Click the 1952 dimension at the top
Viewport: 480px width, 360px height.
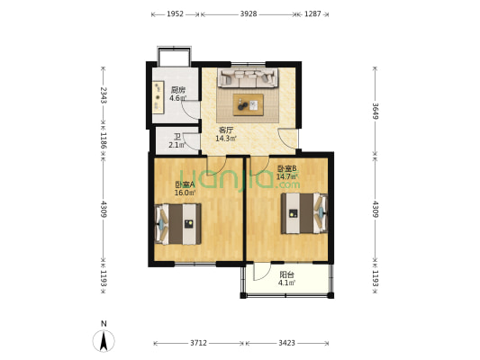[175, 14]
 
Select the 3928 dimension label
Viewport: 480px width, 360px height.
[249, 14]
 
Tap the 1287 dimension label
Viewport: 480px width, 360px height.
[312, 14]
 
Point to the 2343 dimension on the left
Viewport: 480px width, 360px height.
[104, 95]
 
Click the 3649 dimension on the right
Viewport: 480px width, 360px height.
[375, 111]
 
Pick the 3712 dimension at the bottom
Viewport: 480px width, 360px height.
[198, 343]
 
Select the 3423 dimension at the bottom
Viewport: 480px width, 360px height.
[286, 343]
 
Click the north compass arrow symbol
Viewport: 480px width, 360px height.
[104, 340]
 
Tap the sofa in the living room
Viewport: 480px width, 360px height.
[248, 77]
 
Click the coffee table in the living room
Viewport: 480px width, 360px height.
[249, 104]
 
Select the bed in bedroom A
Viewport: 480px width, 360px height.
[178, 224]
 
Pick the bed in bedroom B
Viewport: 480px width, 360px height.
[304, 213]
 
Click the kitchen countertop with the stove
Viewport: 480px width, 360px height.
[158, 97]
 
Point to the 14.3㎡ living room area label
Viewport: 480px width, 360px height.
[226, 139]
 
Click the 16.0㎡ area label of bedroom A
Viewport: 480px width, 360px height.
[185, 193]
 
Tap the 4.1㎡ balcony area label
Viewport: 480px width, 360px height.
[286, 283]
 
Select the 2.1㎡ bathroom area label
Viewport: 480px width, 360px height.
[177, 145]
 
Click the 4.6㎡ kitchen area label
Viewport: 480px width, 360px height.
[177, 98]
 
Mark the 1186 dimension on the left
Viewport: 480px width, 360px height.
[104, 140]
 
